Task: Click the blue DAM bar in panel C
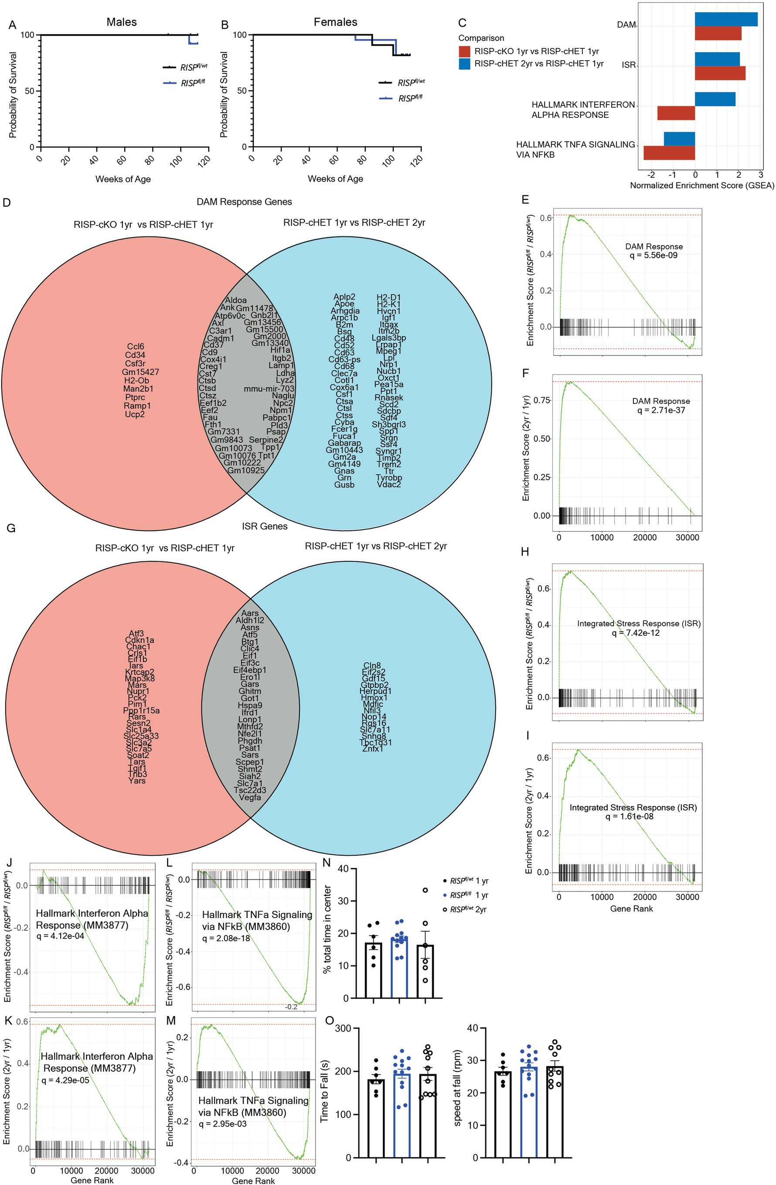click(x=726, y=19)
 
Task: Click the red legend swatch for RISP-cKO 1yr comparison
click(x=464, y=51)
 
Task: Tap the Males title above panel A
click(x=122, y=22)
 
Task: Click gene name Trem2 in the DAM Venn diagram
click(x=389, y=464)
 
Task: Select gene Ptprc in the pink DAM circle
click(x=134, y=397)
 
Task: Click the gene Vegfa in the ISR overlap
click(x=250, y=797)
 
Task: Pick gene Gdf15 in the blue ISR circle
click(x=374, y=678)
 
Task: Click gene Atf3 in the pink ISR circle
click(x=136, y=634)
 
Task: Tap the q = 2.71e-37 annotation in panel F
click(x=661, y=410)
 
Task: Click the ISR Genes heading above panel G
click(x=264, y=526)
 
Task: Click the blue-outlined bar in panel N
click(x=400, y=970)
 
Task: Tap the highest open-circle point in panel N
click(x=425, y=890)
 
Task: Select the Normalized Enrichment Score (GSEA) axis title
click(x=702, y=186)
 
